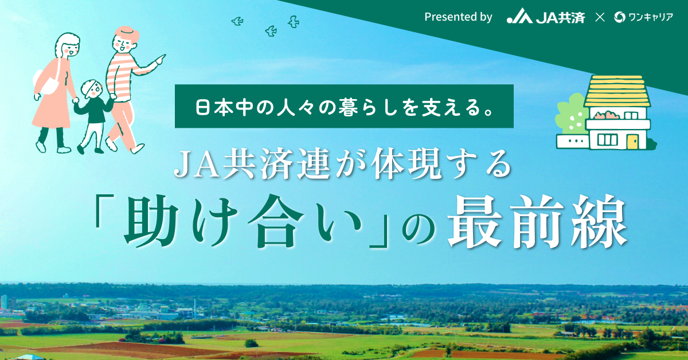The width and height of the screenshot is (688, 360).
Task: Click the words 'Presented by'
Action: (458, 17)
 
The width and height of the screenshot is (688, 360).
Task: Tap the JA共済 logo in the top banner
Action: (545, 17)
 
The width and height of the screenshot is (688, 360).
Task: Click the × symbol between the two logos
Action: (600, 17)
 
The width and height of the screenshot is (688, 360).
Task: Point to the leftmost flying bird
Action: (237, 21)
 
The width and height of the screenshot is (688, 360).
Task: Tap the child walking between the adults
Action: (92, 117)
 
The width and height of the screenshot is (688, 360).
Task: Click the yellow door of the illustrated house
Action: (632, 142)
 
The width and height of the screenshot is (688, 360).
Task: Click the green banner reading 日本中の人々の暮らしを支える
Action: (344, 106)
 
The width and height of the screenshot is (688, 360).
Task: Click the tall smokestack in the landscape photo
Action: (195, 306)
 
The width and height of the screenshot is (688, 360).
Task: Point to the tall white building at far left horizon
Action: (4, 302)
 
